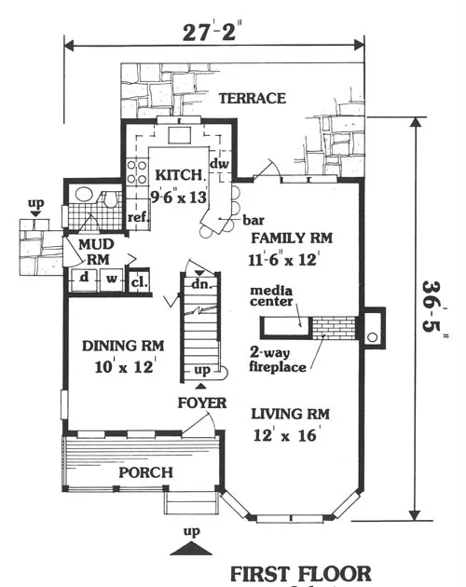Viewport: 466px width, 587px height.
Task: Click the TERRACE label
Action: click(252, 99)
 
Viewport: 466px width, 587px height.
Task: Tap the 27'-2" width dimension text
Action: click(212, 32)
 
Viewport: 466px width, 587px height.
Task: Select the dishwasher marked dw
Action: click(218, 164)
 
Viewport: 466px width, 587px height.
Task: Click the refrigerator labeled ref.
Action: click(138, 217)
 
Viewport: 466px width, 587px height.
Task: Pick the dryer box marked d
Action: click(85, 280)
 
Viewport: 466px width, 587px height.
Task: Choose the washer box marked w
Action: click(111, 280)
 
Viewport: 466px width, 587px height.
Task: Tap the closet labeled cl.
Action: click(139, 281)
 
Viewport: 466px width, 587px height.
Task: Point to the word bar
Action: click(254, 220)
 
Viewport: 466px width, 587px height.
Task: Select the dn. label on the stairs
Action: click(202, 284)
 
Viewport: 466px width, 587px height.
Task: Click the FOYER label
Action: click(202, 403)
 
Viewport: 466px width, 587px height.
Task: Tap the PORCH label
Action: click(146, 472)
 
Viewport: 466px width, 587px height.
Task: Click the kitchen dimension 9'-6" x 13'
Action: click(178, 197)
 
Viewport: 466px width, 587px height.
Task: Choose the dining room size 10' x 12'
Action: click(124, 367)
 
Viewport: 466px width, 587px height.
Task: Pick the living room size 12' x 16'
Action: click(285, 435)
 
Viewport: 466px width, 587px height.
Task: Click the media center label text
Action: click(271, 296)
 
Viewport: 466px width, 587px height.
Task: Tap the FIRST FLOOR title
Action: click(301, 575)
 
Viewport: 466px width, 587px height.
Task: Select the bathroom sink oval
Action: click(84, 194)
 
